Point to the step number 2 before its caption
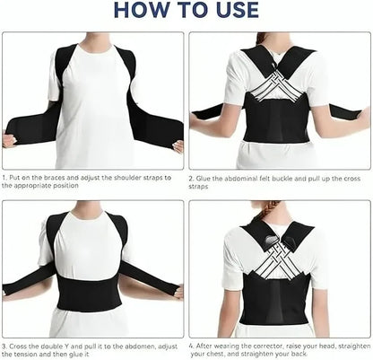point(191,178)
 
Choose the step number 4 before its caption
point(191,346)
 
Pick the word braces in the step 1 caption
point(54,178)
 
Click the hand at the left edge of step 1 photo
point(9,140)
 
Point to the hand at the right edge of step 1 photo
point(178,145)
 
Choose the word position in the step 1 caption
point(55,186)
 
